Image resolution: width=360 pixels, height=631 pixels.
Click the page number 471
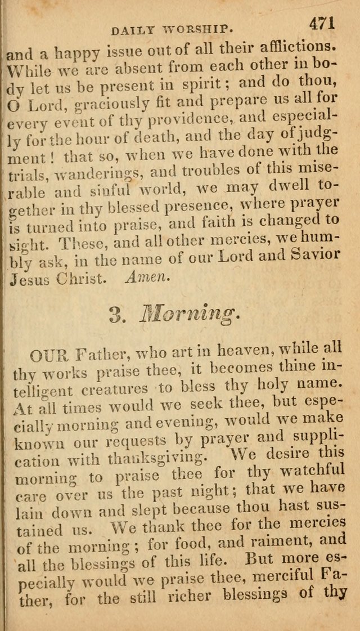pos(321,23)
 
